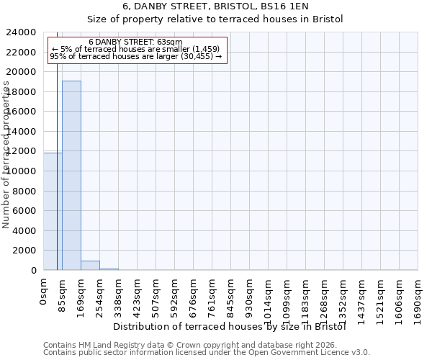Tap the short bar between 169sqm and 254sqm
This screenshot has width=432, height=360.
(90, 265)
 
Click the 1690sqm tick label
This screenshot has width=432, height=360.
(418, 297)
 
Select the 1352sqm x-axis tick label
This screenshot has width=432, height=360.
(343, 297)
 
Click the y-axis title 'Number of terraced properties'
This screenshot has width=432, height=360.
(6, 155)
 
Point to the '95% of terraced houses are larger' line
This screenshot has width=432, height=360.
(135, 56)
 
